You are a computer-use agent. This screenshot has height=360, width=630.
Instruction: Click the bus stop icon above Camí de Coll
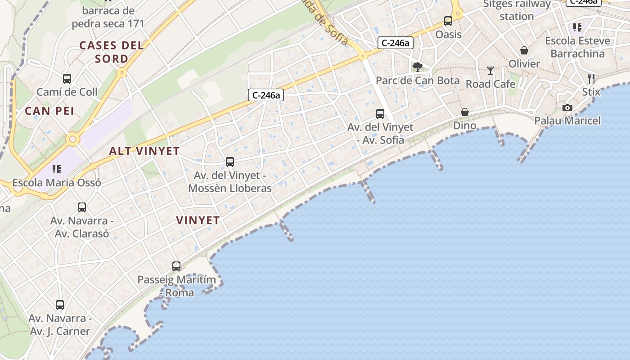(67, 79)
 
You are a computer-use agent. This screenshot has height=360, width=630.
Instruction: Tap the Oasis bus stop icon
(448, 21)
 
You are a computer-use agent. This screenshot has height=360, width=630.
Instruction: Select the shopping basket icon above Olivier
(524, 50)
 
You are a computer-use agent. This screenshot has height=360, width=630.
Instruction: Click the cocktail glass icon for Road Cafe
(490, 71)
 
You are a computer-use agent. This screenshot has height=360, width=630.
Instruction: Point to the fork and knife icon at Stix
(591, 79)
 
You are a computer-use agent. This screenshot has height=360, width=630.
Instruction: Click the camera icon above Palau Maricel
(567, 108)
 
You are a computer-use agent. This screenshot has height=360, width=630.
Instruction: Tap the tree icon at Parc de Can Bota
(418, 67)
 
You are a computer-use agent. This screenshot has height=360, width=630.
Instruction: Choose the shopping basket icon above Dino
(465, 112)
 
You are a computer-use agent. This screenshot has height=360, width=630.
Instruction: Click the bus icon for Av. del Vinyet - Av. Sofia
(380, 114)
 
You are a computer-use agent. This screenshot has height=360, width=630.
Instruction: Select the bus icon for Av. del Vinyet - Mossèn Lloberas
(230, 162)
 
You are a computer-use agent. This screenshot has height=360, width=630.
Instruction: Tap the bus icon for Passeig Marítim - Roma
(176, 266)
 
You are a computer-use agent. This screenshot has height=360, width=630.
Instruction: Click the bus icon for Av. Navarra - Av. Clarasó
(82, 207)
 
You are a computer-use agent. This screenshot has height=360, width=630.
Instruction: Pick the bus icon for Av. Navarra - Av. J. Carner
(60, 305)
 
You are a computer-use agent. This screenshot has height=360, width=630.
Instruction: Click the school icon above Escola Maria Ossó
(57, 169)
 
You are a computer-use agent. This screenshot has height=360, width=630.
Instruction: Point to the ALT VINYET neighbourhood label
(144, 151)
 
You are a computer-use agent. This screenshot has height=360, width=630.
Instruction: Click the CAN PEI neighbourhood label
(49, 111)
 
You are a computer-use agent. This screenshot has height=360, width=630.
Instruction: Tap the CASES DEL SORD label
(112, 52)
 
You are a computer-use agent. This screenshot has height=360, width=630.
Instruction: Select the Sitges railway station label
(517, 10)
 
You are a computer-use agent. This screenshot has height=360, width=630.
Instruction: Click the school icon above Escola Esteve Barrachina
(577, 27)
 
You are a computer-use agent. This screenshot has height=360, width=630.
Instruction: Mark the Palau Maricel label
(567, 121)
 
